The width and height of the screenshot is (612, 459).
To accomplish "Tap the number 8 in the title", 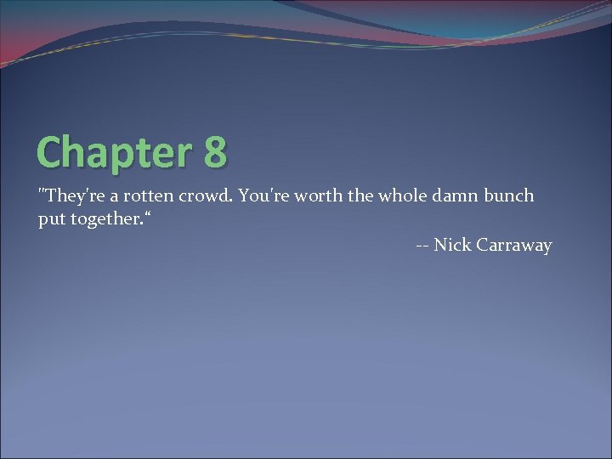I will [x=215, y=153].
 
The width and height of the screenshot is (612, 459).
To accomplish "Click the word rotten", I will [x=149, y=195].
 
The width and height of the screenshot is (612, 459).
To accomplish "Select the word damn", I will [x=456, y=195].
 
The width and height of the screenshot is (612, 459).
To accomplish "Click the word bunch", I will [x=510, y=195].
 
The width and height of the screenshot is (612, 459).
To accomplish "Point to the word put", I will [x=49, y=220].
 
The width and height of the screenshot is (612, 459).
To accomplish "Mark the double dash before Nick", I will [x=422, y=246].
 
